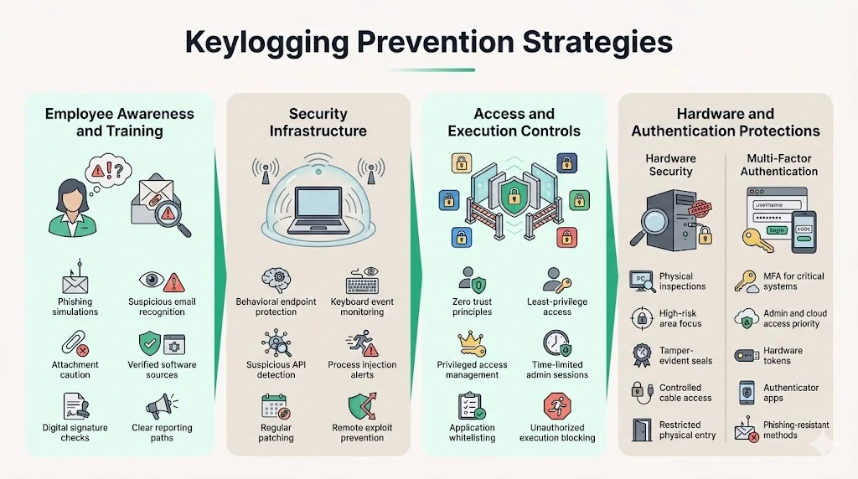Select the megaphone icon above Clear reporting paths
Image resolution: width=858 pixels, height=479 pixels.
click(x=161, y=408)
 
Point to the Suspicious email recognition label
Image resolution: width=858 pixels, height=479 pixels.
click(x=162, y=306)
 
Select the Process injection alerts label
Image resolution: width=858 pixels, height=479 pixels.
click(x=362, y=370)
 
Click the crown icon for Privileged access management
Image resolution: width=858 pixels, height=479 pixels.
click(x=472, y=343)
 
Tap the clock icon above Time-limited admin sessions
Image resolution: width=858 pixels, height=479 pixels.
click(x=556, y=343)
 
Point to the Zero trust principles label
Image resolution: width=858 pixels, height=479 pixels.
click(x=473, y=306)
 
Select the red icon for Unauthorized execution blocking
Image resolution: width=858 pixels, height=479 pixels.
click(x=556, y=407)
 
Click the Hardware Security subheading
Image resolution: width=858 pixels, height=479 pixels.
click(x=670, y=164)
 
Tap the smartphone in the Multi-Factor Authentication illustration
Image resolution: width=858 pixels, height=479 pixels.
click(x=804, y=227)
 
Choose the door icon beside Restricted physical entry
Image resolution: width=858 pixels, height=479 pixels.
click(x=643, y=430)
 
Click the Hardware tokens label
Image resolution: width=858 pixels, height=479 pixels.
click(x=783, y=355)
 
